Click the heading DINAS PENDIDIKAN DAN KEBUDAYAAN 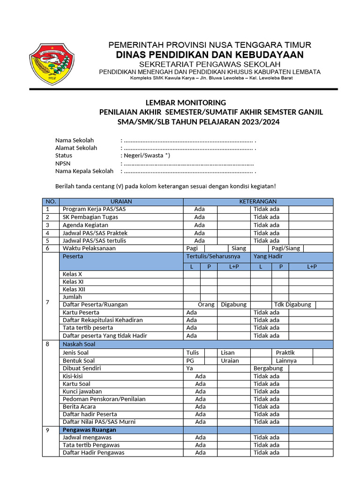pyautogui.click(x=210, y=55)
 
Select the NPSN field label pyautogui.click(x=62, y=163)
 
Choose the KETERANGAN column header pyautogui.click(x=258, y=202)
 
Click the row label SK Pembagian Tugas pyautogui.click(x=90, y=217)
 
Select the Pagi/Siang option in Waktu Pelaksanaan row pyautogui.click(x=286, y=248)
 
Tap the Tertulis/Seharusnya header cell pyautogui.click(x=213, y=256)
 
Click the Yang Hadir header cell pyautogui.click(x=268, y=256)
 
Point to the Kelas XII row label pyautogui.click(x=74, y=289)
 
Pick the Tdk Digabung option pyautogui.click(x=292, y=305)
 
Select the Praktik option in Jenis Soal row pyautogui.click(x=285, y=352)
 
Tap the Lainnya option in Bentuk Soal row pyautogui.click(x=286, y=361)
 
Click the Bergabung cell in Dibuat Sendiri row pyautogui.click(x=268, y=368)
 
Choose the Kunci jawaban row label pyautogui.click(x=82, y=391)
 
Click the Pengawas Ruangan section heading pyautogui.click(x=90, y=430)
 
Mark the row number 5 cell pyautogui.click(x=48, y=240)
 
